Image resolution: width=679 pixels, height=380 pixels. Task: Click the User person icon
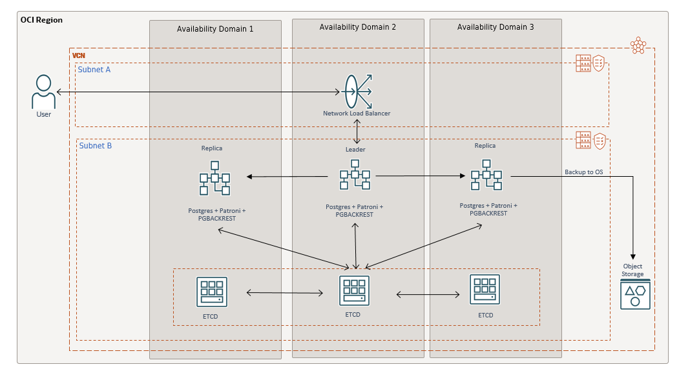click(x=43, y=92)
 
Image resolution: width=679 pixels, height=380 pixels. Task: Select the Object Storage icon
click(x=635, y=294)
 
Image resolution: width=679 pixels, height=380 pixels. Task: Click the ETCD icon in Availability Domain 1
click(x=212, y=292)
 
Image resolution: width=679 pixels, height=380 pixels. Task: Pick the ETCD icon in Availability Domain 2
click(x=354, y=291)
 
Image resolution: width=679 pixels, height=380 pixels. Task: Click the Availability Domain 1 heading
click(x=215, y=29)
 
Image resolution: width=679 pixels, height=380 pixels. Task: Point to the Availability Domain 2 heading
click(x=357, y=27)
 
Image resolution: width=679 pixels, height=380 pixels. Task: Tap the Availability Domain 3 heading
click(x=496, y=27)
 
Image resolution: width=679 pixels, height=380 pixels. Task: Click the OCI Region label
click(x=42, y=20)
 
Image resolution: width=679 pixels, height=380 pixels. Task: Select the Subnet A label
click(x=94, y=70)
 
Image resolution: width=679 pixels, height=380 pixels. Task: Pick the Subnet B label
click(x=95, y=146)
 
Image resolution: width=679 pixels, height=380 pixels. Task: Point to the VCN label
click(x=78, y=55)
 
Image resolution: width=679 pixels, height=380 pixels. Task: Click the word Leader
click(x=355, y=150)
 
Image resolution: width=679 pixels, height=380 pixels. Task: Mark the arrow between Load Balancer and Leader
click(x=356, y=132)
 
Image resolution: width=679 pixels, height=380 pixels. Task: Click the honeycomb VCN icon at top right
click(x=638, y=45)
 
